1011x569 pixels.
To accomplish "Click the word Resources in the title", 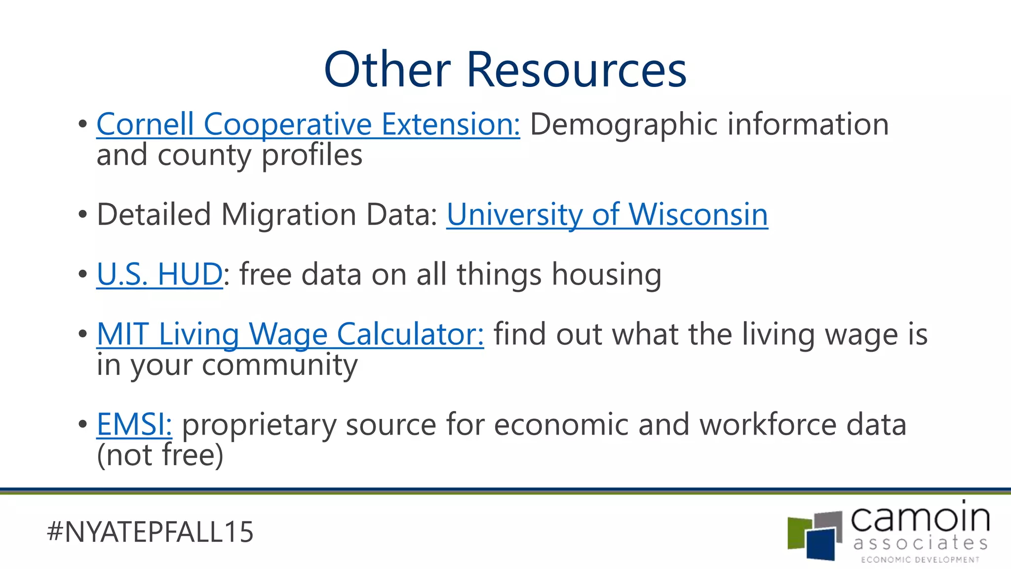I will [x=576, y=70].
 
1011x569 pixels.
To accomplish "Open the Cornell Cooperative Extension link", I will [x=308, y=124].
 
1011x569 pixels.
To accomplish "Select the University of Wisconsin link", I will [x=607, y=215].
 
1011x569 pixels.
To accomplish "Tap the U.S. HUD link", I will [x=159, y=274].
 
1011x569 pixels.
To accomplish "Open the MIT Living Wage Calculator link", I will [x=290, y=334].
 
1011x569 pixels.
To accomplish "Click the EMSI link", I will [x=134, y=424].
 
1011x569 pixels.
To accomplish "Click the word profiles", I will [x=312, y=155].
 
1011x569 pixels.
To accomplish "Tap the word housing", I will [x=606, y=274].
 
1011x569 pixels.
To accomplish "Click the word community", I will [x=279, y=366].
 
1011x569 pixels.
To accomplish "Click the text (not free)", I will [x=160, y=455].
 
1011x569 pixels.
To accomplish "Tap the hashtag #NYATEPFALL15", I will [x=150, y=532].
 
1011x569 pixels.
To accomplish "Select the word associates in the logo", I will [x=920, y=543].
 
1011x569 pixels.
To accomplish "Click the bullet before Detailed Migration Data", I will [x=82, y=215].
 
